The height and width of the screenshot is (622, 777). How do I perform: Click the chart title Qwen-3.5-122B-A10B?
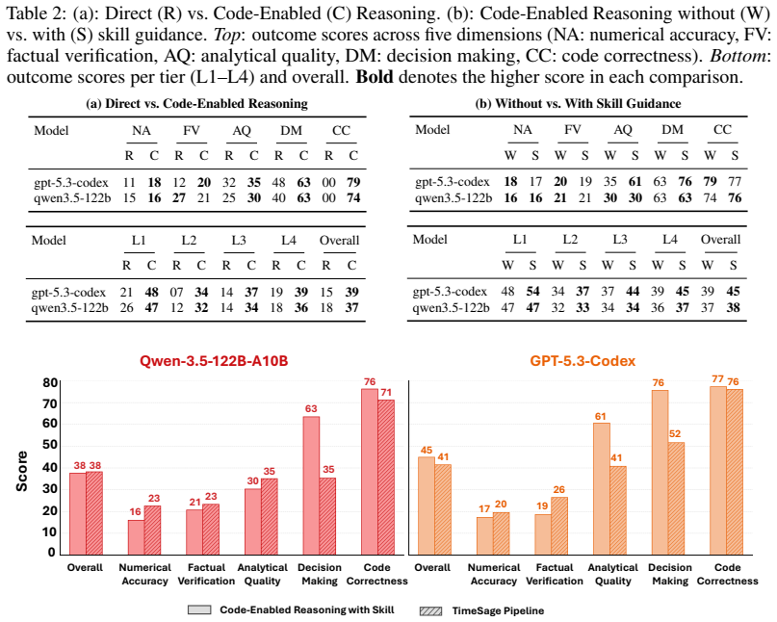[214, 360]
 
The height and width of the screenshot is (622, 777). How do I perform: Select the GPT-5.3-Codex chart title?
[583, 360]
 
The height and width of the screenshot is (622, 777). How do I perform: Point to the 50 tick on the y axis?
[49, 445]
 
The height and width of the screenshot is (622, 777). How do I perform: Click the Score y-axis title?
[22, 471]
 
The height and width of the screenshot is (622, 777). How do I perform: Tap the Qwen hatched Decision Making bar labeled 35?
[327, 516]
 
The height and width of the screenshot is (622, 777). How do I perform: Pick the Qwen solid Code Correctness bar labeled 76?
[369, 472]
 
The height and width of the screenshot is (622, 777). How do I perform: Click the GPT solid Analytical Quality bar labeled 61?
[601, 489]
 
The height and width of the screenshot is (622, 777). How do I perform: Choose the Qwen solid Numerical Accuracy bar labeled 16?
[136, 537]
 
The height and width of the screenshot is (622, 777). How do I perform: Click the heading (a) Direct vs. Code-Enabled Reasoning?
[196, 104]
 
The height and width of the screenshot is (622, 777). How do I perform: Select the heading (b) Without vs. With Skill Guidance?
[578, 104]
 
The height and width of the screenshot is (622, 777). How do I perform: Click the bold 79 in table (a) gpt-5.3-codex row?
[353, 182]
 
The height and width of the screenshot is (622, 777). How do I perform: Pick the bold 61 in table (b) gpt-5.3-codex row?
[635, 181]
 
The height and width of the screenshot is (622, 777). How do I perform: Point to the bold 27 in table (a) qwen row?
[179, 197]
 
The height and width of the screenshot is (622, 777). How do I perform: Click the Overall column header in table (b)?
[720, 240]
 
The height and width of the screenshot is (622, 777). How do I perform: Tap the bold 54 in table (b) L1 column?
[532, 291]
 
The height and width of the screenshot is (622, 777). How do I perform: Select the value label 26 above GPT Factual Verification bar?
[559, 490]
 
